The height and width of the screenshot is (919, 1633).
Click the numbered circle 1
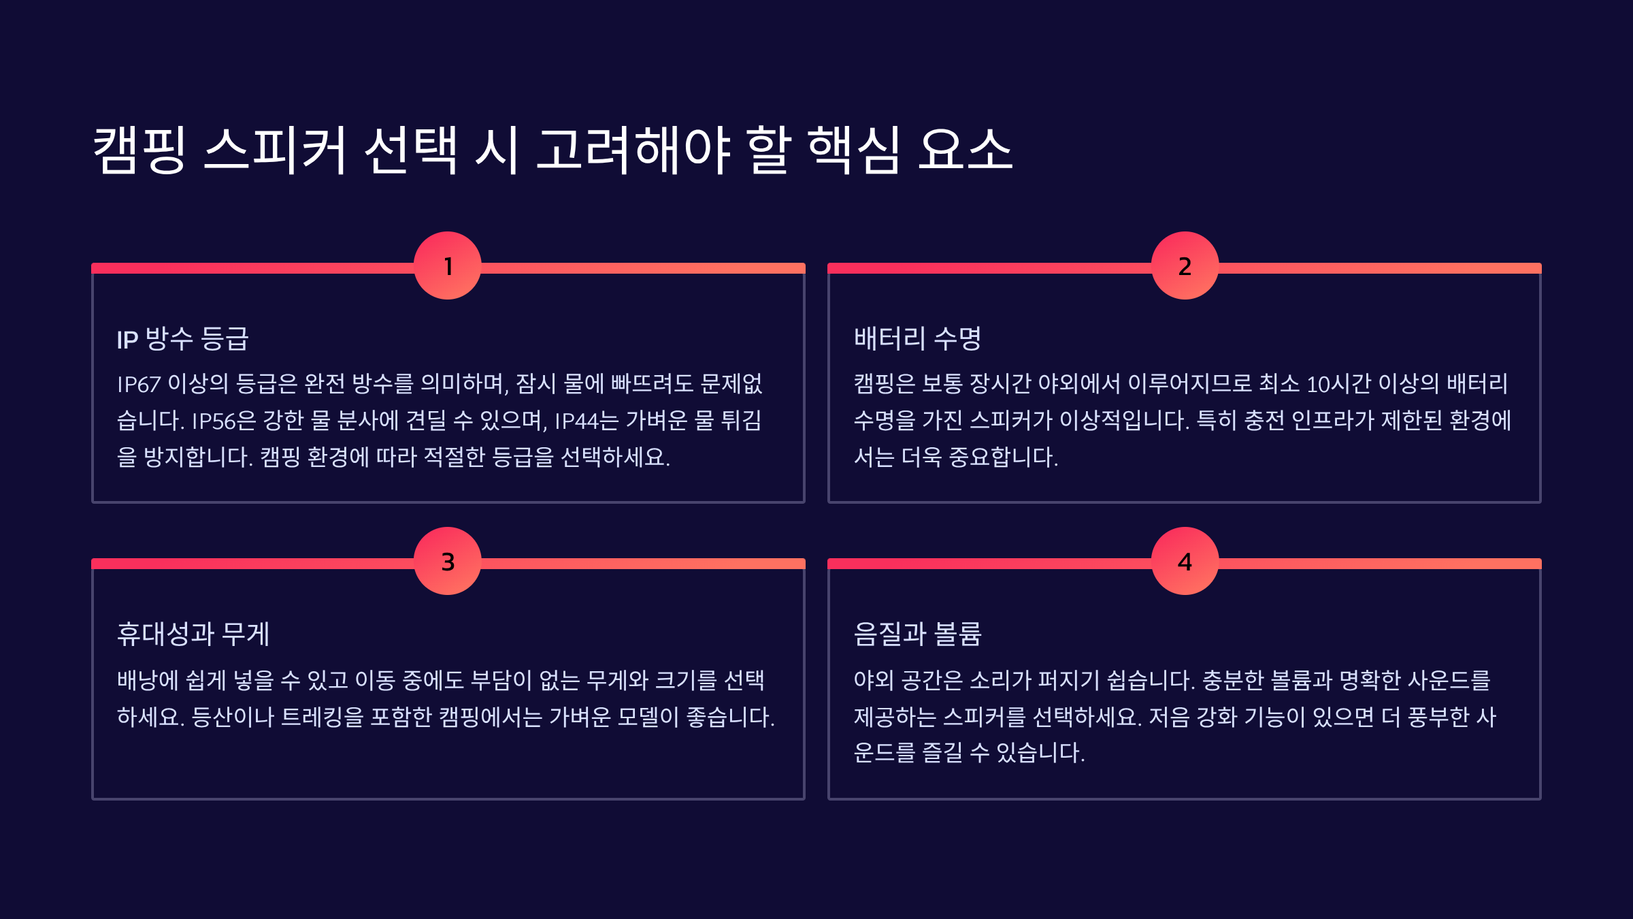448,265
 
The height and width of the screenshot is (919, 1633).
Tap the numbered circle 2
1185,265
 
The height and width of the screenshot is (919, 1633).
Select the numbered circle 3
448,561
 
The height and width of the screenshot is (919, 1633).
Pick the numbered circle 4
1185,561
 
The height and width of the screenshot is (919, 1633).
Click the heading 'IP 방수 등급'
182,338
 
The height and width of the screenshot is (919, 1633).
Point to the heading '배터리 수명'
917,338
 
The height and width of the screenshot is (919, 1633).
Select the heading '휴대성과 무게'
193,634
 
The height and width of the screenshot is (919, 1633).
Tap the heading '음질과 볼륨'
917,634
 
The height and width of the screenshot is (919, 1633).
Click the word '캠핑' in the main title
139,150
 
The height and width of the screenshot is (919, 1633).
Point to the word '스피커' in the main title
276,150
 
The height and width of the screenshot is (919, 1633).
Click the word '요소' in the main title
965,150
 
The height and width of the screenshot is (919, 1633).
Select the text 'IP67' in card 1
139,385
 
